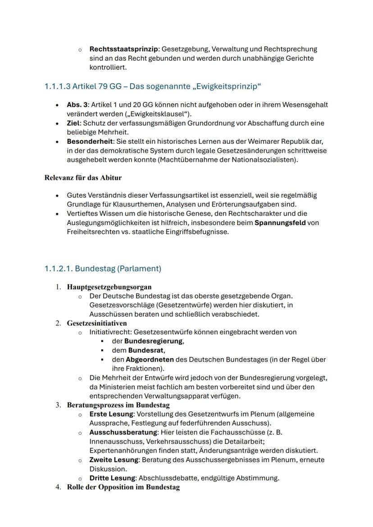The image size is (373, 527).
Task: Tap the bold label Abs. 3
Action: pos(76,105)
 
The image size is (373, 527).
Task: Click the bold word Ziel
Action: pos(73,123)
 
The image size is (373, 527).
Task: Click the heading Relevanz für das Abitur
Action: pos(83,178)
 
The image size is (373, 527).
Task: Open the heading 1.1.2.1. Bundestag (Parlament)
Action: pos(103,269)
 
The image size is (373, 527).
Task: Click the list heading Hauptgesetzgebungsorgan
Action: pos(109,287)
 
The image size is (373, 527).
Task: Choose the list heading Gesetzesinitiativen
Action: pos(97,323)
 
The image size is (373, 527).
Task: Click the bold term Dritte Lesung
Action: pos(112,478)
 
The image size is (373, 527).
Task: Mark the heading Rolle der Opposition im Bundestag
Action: pos(123,487)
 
